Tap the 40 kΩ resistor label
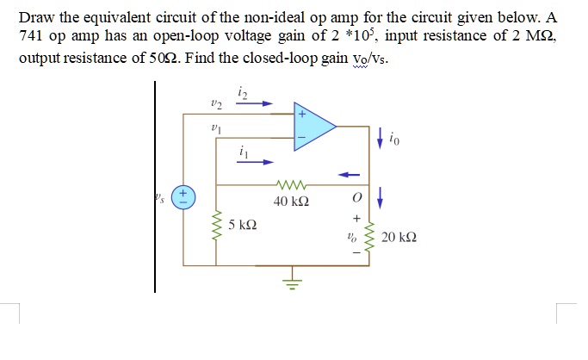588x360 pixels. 291,202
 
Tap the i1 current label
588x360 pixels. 244,152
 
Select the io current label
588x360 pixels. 394,135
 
